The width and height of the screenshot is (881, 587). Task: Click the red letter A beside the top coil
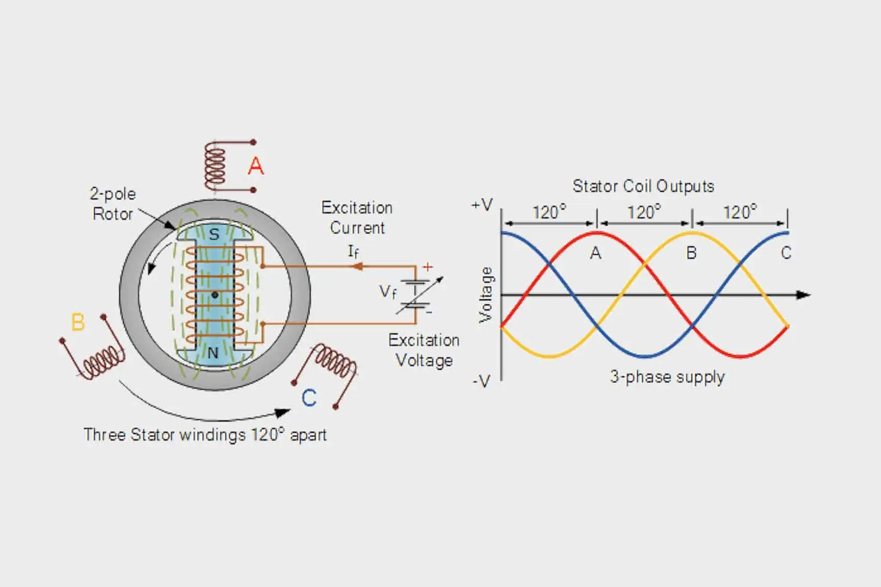click(256, 166)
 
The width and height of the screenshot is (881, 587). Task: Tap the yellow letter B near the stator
click(78, 322)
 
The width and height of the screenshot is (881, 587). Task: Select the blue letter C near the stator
click(309, 398)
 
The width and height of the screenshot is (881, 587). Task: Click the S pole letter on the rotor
click(214, 235)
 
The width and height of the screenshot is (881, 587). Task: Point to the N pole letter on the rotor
click(213, 353)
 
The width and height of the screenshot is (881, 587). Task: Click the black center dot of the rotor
click(215, 295)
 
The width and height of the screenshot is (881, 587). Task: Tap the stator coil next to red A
click(214, 166)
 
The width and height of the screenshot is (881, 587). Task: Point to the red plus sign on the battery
click(427, 267)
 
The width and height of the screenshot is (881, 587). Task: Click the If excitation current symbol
click(353, 252)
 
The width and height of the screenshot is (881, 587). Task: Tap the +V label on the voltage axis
click(482, 205)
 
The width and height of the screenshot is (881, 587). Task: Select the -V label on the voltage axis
click(481, 382)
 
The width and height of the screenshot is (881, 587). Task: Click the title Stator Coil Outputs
click(643, 186)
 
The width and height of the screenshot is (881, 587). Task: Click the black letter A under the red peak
click(596, 253)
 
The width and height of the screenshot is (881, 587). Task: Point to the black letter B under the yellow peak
click(691, 253)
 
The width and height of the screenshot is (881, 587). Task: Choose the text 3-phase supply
click(667, 377)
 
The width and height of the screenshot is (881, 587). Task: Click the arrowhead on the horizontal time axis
click(803, 295)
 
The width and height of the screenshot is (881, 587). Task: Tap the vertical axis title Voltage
click(486, 295)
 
